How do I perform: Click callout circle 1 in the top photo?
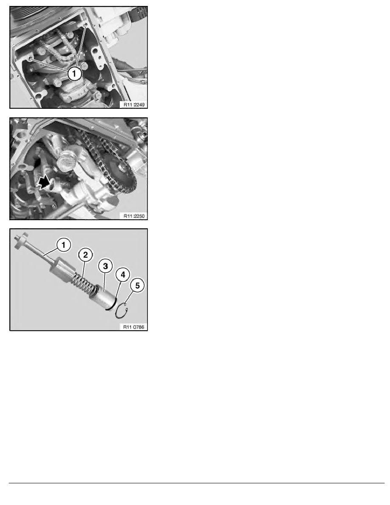point(74,74)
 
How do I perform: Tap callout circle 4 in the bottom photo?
point(122,275)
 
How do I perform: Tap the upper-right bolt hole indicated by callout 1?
point(86,26)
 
